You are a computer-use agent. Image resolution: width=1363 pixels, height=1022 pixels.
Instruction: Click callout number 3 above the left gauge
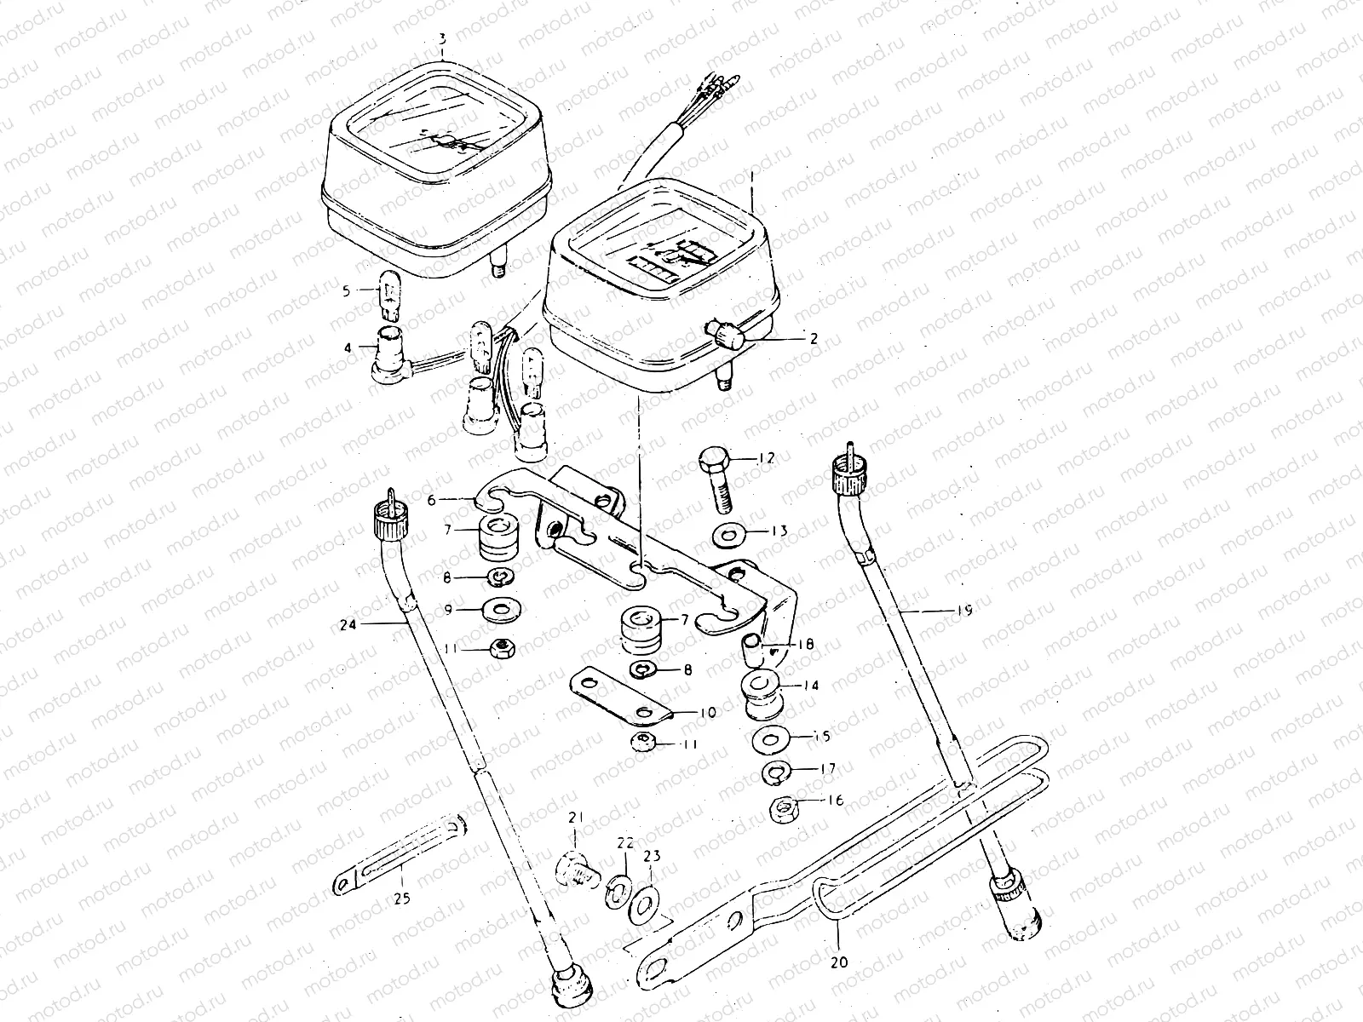[x=442, y=39]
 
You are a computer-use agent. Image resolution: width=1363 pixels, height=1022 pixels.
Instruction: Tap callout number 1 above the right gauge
[x=752, y=177]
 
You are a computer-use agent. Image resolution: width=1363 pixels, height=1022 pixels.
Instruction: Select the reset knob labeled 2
[x=722, y=335]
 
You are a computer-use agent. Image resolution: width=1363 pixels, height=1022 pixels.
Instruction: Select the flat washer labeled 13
[x=729, y=536]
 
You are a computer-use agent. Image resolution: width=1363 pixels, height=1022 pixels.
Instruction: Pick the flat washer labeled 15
[x=771, y=739]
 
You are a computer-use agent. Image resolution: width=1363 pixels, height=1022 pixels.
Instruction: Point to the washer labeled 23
[x=645, y=904]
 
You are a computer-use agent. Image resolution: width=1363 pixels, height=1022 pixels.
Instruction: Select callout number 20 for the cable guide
[x=839, y=962]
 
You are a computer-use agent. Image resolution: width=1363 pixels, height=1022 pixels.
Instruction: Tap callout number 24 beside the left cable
[x=348, y=624]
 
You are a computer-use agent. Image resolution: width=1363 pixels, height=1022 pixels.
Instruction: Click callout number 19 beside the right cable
[x=964, y=611]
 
